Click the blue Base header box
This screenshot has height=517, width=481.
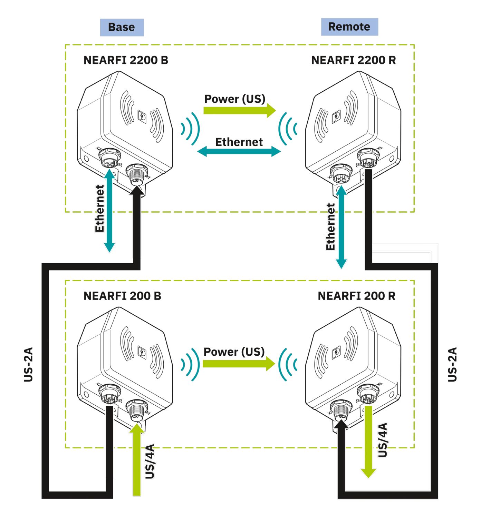click(x=122, y=27)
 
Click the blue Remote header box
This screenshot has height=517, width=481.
click(x=349, y=27)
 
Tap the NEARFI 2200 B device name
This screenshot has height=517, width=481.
click(x=126, y=60)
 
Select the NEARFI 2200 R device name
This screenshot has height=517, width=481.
click(x=353, y=60)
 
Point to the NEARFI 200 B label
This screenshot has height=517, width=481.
click(x=122, y=296)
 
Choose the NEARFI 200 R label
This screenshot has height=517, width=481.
click(x=356, y=296)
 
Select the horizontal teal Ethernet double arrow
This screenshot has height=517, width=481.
click(x=239, y=151)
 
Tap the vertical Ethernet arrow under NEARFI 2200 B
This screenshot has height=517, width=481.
click(x=109, y=210)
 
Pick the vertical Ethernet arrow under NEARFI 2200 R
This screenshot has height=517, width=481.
click(x=341, y=227)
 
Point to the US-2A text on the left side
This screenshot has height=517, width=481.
click(x=28, y=364)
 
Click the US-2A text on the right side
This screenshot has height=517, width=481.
click(x=452, y=364)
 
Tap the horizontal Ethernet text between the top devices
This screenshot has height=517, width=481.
click(x=239, y=142)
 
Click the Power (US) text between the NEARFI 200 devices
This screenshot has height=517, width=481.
click(x=234, y=352)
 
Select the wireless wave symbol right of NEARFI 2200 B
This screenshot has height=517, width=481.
click(x=190, y=129)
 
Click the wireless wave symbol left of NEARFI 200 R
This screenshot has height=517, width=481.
click(x=288, y=364)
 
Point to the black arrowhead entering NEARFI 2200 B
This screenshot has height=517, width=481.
click(x=137, y=190)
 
